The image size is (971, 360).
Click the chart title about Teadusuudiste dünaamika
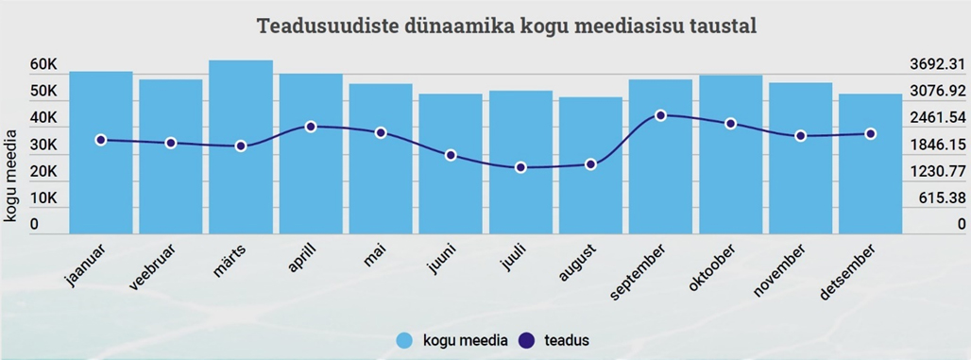507,26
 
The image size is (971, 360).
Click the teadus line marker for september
660,115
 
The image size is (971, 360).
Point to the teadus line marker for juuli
520,167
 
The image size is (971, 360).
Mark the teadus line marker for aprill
311,127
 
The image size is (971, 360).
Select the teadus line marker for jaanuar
101,140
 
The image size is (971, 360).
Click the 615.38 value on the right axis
939,197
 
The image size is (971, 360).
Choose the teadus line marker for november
800,136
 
